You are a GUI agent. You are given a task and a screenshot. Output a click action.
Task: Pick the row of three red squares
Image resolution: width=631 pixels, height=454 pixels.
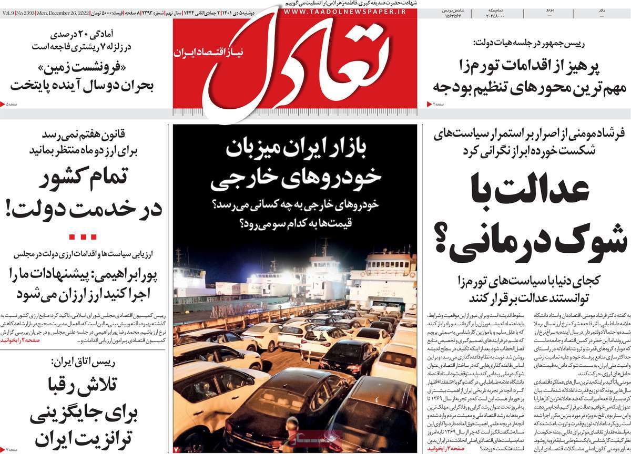[83, 236]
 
